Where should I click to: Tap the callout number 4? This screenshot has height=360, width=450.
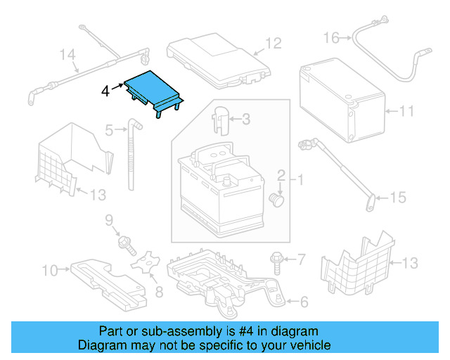(x=105, y=91)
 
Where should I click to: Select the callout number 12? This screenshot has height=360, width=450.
(x=273, y=44)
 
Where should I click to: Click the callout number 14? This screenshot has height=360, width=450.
(x=67, y=54)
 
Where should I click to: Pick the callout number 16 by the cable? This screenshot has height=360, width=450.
(x=331, y=37)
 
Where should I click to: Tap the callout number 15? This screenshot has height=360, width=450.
(x=398, y=198)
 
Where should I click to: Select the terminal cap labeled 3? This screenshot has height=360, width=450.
(x=221, y=119)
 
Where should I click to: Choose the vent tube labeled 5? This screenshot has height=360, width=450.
(x=133, y=155)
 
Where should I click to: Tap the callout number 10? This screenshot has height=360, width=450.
(x=50, y=269)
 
